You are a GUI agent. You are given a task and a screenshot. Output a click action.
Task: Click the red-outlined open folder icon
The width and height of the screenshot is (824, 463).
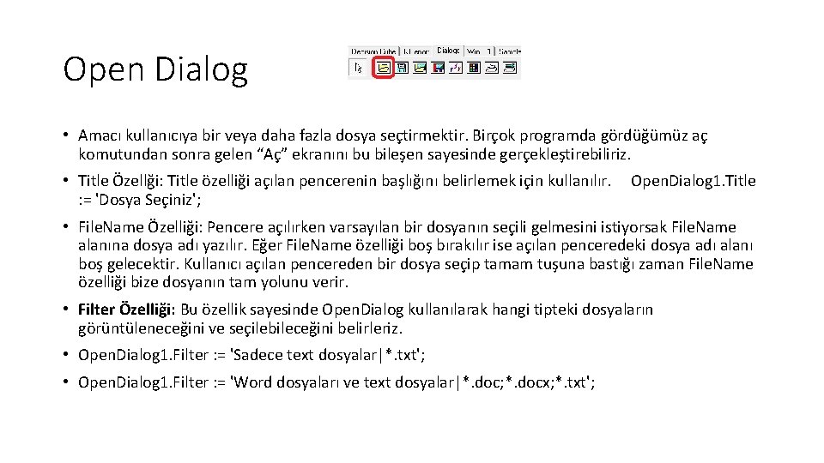click(x=385, y=68)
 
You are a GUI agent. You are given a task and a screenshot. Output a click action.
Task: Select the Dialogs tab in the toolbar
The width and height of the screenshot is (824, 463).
click(x=448, y=51)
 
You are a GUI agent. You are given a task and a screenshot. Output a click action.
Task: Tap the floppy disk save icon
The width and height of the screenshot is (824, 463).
click(x=402, y=68)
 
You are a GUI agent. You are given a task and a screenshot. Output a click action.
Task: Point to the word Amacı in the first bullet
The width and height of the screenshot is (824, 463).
click(x=100, y=135)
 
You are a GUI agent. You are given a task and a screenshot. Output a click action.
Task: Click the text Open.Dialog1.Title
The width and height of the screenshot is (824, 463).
click(x=693, y=181)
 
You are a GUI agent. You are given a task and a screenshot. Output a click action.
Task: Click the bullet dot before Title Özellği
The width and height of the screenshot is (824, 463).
click(x=66, y=181)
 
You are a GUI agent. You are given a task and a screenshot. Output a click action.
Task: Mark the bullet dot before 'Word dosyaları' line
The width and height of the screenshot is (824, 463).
click(x=66, y=382)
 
